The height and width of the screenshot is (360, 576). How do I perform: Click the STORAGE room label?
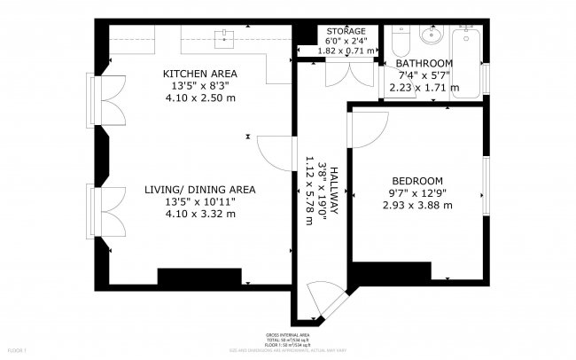[340, 31]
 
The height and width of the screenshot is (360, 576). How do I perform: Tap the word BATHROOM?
[424, 64]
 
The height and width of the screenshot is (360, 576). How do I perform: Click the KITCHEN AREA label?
[200, 73]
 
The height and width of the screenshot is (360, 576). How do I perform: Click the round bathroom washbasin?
[432, 36]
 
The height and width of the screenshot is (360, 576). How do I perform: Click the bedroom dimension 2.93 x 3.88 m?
[416, 205]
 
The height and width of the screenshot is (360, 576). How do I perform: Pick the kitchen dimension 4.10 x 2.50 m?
[200, 98]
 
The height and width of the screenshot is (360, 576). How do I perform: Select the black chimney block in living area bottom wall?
[199, 276]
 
